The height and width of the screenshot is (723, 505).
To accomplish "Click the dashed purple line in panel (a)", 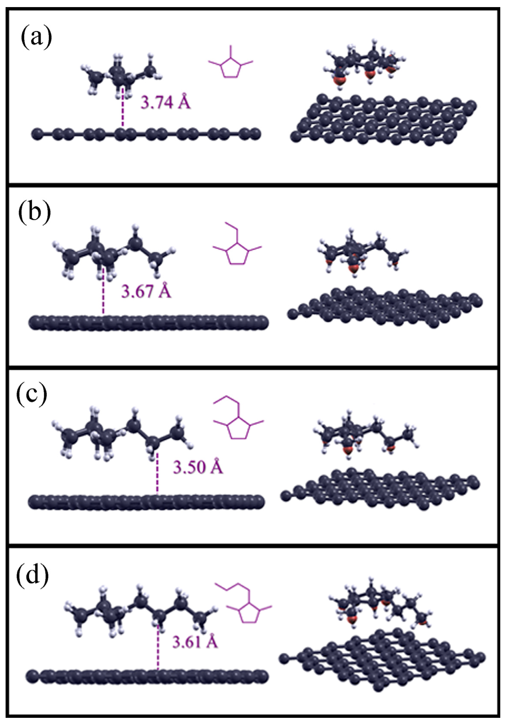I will [x=123, y=109].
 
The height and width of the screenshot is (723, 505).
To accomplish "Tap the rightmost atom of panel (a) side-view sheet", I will [x=256, y=133].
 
